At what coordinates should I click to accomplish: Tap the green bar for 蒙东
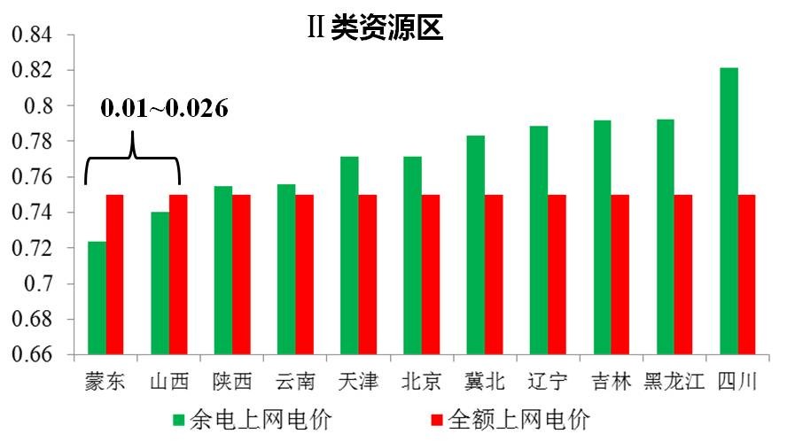(97, 298)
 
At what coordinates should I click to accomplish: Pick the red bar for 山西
(178, 275)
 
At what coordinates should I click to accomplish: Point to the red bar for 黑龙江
(683, 275)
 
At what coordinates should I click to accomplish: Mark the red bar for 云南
(304, 275)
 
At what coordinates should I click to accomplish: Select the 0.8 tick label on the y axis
(39, 105)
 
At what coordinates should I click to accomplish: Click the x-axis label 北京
(421, 382)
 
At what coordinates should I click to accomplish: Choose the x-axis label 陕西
(232, 382)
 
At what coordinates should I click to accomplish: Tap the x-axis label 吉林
(611, 382)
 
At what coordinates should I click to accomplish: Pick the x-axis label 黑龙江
(674, 382)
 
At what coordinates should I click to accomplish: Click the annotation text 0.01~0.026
(164, 109)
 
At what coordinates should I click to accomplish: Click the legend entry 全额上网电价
(510, 418)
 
